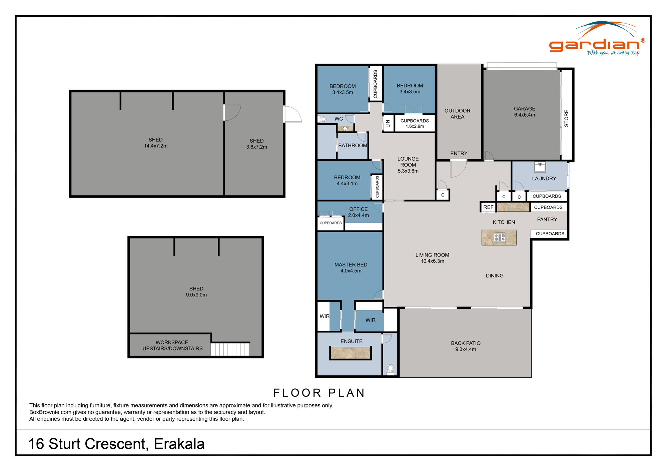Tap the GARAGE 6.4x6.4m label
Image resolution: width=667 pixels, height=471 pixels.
point(524,112)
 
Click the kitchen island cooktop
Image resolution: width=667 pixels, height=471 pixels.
point(500,237)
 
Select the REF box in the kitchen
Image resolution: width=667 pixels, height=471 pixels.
point(488,207)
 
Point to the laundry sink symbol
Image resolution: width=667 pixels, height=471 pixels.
point(540,166)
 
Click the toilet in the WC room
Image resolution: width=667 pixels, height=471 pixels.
point(323,119)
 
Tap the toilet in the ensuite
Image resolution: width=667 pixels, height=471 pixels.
point(390,369)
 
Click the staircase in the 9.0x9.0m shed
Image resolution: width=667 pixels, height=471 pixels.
point(230,349)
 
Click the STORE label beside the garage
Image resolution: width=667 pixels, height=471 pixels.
point(566,118)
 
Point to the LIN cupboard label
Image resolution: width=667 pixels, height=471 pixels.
point(388,124)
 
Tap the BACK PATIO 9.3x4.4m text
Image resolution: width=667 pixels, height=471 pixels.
point(466,346)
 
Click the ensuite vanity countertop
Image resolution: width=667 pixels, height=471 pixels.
point(351,353)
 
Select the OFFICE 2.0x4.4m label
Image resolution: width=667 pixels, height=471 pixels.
point(358,212)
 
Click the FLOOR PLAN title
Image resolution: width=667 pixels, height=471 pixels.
point(319,393)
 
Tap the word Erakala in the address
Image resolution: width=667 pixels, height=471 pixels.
point(179,444)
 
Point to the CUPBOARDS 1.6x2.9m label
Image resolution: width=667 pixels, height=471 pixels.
point(415,123)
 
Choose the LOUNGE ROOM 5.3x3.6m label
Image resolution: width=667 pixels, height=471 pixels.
point(408,165)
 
